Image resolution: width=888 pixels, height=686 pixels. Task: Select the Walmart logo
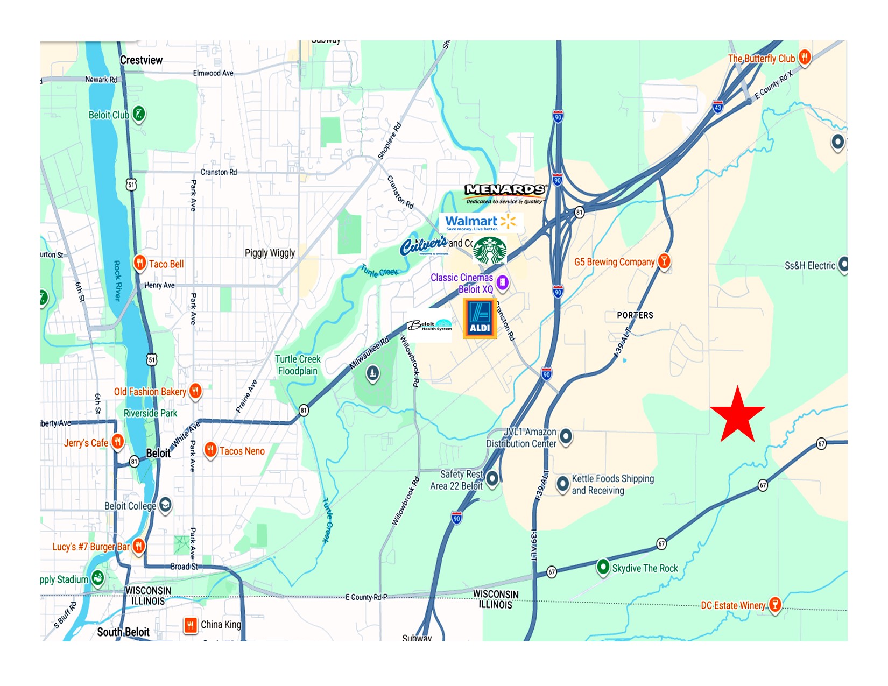[481, 222]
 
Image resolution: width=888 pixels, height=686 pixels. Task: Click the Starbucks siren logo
[489, 251]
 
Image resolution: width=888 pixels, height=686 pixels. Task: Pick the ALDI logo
[480, 319]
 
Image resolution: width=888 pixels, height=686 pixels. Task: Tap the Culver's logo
[424, 246]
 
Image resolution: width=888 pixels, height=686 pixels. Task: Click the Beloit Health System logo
[429, 326]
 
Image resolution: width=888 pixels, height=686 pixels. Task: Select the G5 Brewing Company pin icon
[664, 261]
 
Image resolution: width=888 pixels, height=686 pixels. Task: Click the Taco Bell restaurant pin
[140, 263]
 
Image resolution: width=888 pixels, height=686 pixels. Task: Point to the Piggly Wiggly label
[270, 253]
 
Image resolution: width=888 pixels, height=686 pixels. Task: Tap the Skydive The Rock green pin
[603, 567]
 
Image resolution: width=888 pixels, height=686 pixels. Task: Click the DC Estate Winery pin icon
[774, 604]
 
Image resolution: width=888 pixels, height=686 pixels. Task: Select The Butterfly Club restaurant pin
[804, 57]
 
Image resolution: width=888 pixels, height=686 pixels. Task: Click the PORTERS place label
[635, 315]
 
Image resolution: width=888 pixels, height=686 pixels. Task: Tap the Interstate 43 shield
[717, 107]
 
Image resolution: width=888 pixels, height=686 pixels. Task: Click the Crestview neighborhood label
[141, 60]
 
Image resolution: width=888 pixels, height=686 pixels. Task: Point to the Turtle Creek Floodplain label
[298, 365]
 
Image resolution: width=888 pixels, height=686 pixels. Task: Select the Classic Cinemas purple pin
[502, 282]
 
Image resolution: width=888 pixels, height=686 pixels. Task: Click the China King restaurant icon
[191, 625]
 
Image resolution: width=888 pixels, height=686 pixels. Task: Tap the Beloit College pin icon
[165, 505]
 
